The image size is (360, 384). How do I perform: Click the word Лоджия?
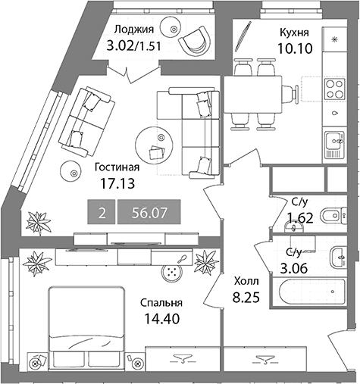(x=134, y=30)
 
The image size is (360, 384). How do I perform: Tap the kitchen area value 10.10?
(x=295, y=48)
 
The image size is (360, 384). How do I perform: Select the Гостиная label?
(x=117, y=167)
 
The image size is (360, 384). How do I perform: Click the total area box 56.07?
(x=149, y=212)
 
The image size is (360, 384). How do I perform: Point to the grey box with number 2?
(x=102, y=212)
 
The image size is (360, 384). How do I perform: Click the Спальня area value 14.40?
(x=161, y=319)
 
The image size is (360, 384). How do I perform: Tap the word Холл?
(x=246, y=281)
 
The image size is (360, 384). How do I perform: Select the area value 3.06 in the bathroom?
(x=294, y=268)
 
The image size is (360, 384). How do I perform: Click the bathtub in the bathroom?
(x=312, y=292)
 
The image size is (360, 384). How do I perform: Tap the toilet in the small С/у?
(x=334, y=216)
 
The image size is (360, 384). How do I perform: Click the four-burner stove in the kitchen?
(x=335, y=89)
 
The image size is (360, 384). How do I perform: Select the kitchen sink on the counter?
(x=334, y=141)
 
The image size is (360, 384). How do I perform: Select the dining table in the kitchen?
(x=253, y=94)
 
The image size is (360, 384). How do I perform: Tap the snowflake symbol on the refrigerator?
(x=335, y=39)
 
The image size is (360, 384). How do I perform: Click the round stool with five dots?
(x=172, y=273)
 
